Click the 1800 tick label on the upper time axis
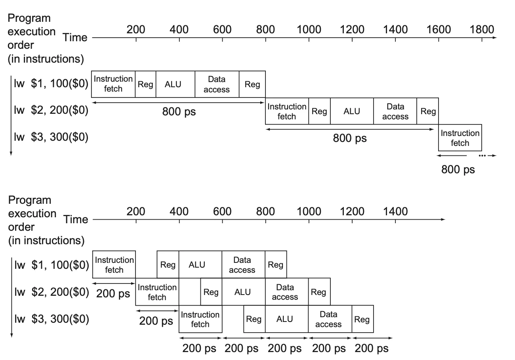tap(482, 30)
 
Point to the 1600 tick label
tap(439, 30)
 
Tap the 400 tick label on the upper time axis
tap(179, 30)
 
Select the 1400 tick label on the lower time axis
tap(395, 211)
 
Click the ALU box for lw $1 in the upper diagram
tap(173, 84)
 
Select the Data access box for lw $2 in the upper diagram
tap(395, 111)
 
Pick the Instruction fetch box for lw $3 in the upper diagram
tap(460, 138)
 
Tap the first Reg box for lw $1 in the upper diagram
tap(145, 84)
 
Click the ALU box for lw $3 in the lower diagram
tap(284, 319)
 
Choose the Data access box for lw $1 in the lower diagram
tap(242, 265)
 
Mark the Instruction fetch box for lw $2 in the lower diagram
tap(157, 292)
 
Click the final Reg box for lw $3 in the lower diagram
tap(362, 319)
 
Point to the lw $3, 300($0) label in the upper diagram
tap(51, 137)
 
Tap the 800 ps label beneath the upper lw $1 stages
tap(179, 112)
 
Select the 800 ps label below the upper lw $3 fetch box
tap(458, 169)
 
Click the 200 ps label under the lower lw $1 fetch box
tap(113, 294)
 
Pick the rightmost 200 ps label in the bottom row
tap(372, 349)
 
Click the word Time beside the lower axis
tap(76, 219)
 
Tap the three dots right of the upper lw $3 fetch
tap(482, 156)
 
